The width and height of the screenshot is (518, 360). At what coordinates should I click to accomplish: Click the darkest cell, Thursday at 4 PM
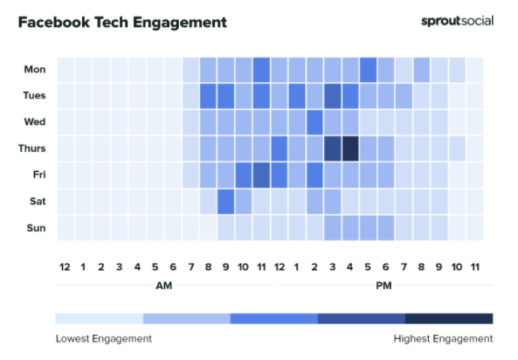350,149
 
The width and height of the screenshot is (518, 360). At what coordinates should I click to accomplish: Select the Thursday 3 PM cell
332,149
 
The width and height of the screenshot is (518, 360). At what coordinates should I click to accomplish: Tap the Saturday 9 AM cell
225,202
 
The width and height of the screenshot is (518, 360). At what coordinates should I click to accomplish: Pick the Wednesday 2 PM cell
314,122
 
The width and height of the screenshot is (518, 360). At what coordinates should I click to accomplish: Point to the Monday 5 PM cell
368,70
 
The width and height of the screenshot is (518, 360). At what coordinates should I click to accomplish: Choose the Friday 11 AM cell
261,176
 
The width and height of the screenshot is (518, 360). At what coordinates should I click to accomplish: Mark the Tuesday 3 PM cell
332,96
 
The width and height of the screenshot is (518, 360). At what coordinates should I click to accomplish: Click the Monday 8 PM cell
422,70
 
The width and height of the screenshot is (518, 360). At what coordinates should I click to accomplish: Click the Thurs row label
31,149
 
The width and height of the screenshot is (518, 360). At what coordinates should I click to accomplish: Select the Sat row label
38,201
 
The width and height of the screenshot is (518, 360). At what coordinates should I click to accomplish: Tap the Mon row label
35,69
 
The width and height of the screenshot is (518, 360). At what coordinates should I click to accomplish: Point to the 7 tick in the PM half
404,267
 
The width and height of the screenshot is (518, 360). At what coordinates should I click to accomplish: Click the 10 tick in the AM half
243,267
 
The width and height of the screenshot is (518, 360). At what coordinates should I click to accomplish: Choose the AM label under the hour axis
164,285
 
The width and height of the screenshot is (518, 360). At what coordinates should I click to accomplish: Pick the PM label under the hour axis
383,285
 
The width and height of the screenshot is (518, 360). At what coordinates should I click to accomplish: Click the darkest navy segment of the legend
449,319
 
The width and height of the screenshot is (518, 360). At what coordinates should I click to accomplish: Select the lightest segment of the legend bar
100,319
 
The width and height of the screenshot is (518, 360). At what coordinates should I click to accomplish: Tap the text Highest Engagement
443,339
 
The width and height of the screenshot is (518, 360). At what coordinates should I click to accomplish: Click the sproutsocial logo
457,21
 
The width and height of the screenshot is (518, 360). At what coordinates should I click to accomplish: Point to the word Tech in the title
111,23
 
